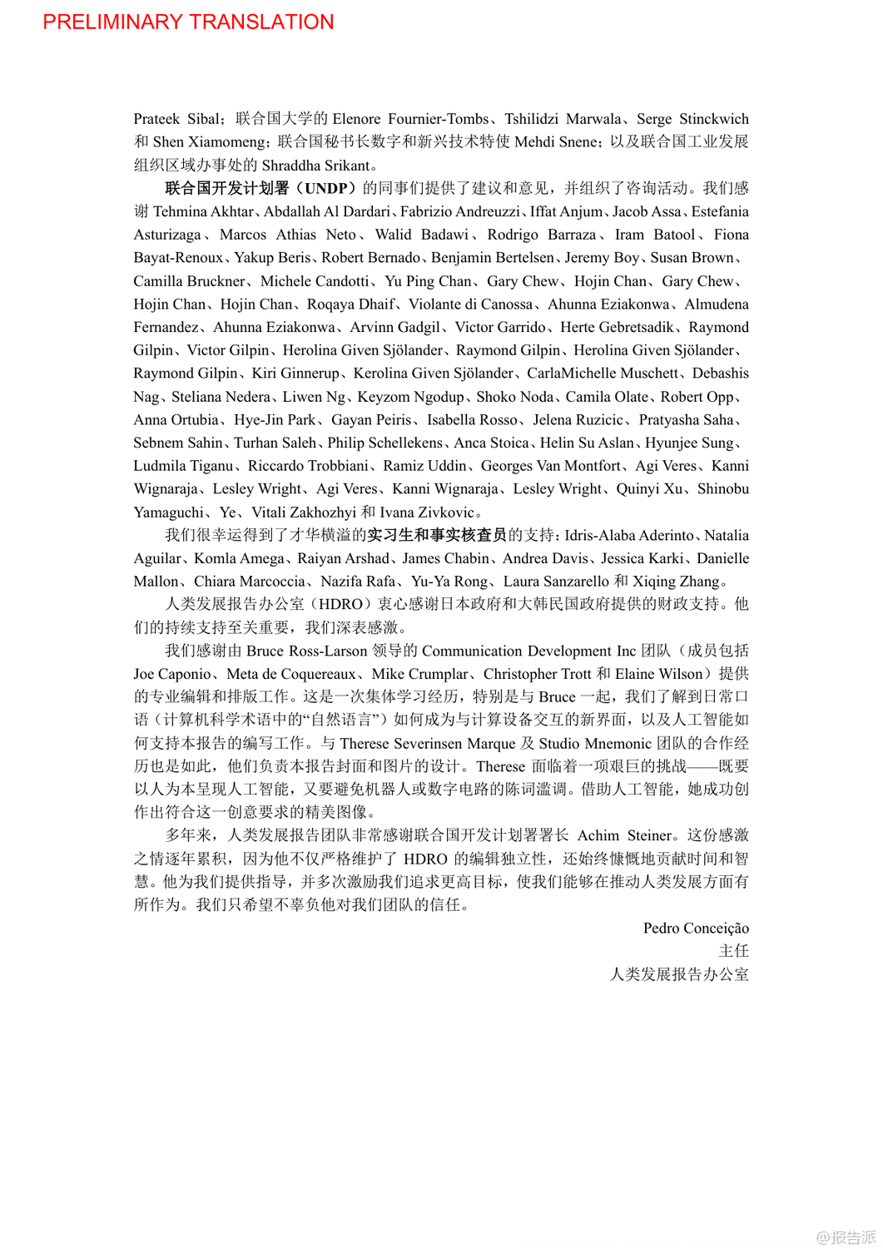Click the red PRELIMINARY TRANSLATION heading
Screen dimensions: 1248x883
pyautogui.click(x=188, y=22)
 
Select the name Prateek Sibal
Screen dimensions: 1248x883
pyautogui.click(x=176, y=119)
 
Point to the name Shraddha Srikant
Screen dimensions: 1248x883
pyautogui.click(x=315, y=165)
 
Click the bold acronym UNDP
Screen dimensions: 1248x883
pyautogui.click(x=326, y=188)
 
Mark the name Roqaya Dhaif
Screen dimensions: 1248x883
pyautogui.click(x=350, y=304)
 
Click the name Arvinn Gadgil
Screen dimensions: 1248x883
pyautogui.click(x=394, y=327)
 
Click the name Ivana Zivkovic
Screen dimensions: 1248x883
pyautogui.click(x=427, y=513)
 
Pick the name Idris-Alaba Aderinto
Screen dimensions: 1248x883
pyautogui.click(x=629, y=536)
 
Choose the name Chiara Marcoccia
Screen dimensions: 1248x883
pyautogui.click(x=250, y=582)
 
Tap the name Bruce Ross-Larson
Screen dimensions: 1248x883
pyautogui.click(x=306, y=651)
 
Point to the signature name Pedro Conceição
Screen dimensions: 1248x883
pyautogui.click(x=696, y=928)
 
